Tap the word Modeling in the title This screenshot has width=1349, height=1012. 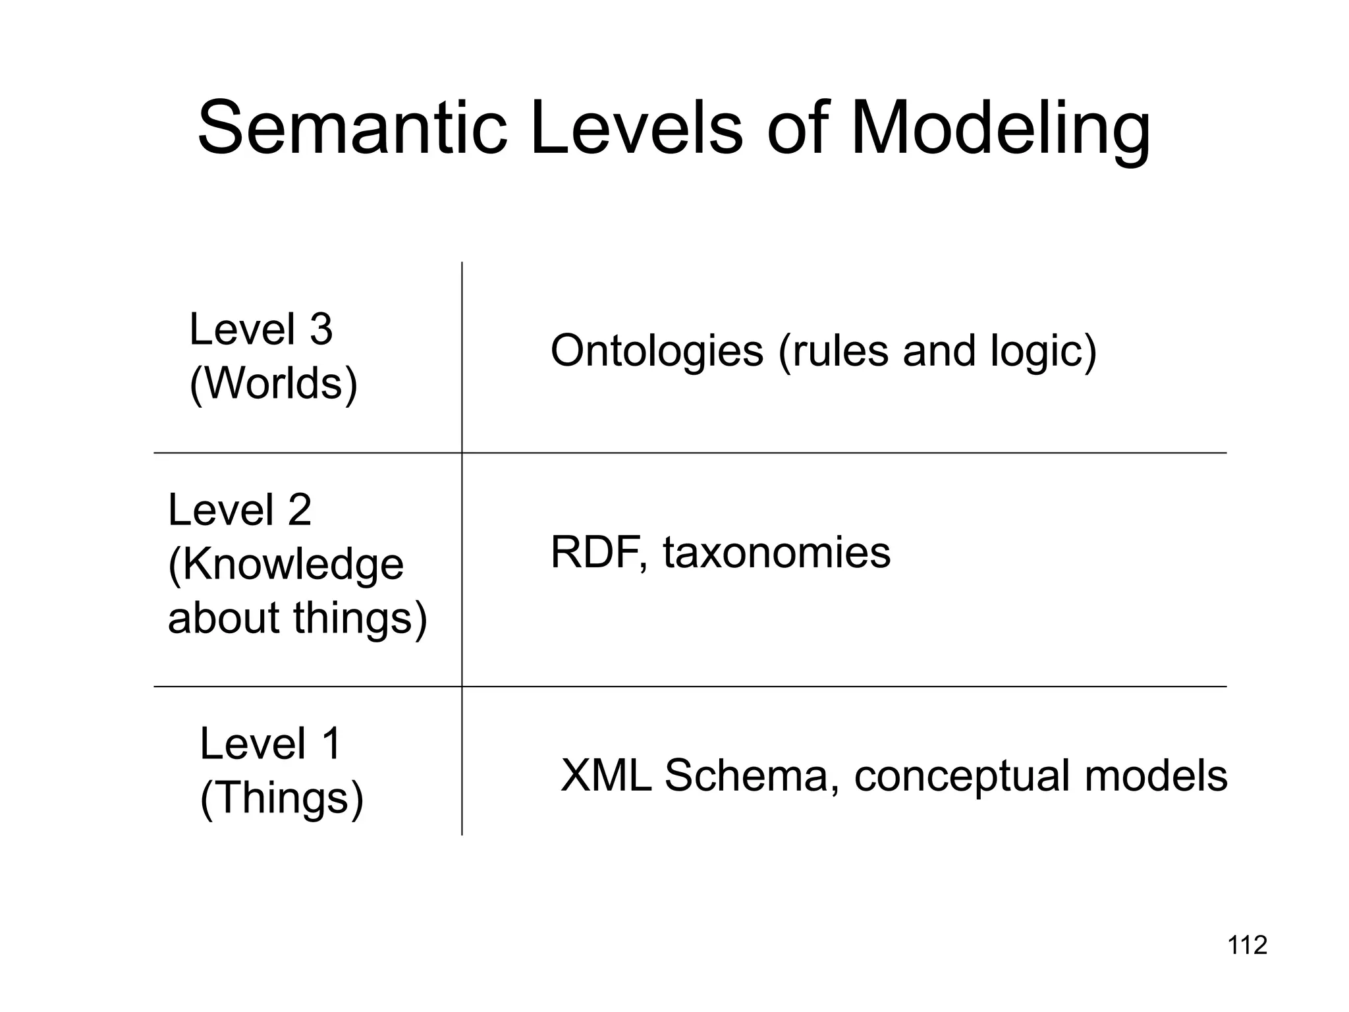click(1000, 130)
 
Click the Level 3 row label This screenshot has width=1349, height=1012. click(261, 329)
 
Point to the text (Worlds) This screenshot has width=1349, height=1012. click(273, 383)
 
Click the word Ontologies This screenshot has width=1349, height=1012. click(657, 351)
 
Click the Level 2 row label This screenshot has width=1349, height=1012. click(240, 510)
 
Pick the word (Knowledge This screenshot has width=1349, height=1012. click(286, 565)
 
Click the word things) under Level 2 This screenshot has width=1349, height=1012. click(360, 619)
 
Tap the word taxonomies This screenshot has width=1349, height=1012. click(777, 552)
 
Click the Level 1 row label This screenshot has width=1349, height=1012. click(270, 744)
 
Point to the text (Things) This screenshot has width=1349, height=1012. click(281, 798)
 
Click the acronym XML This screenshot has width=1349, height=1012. click(605, 775)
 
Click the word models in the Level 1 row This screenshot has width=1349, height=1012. click(1155, 775)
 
